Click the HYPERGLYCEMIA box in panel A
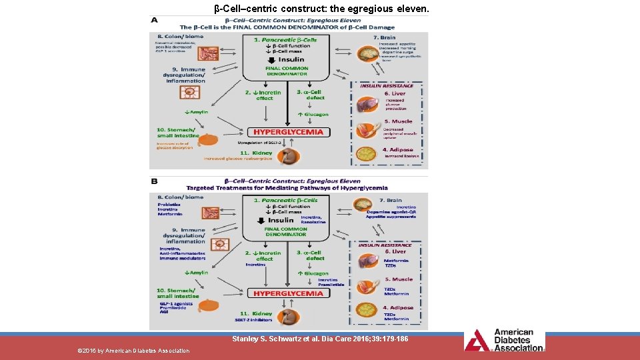pos(288,132)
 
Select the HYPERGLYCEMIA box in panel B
pos(288,293)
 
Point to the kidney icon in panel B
pos(288,317)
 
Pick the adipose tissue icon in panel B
pos(367,311)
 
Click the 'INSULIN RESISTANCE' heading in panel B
pos(386,245)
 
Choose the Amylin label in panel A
pos(196,112)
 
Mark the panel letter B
pos(155,180)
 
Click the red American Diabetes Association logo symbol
pos(477,340)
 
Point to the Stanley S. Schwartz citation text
pos(320,339)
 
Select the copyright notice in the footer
pos(133,351)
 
